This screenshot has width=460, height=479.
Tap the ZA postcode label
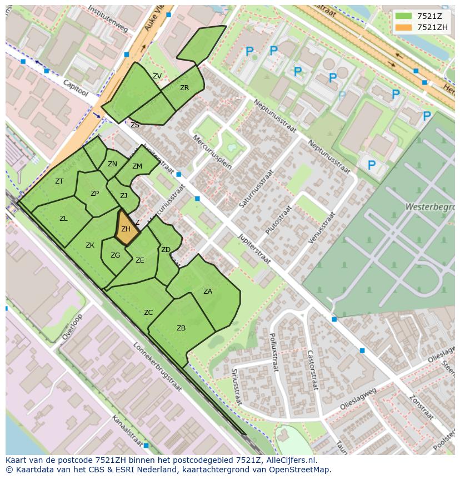click(x=208, y=291)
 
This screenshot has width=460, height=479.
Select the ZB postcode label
click(x=181, y=328)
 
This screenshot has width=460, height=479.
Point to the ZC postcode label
click(x=148, y=313)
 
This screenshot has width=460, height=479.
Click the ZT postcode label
click(x=59, y=181)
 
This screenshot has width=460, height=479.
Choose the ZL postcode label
click(x=63, y=219)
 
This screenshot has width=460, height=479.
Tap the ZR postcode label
click(x=184, y=88)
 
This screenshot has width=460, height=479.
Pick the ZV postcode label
click(x=157, y=76)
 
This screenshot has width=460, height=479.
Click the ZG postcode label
click(x=115, y=255)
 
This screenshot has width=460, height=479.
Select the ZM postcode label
click(x=137, y=166)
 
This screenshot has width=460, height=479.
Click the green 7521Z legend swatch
click(x=403, y=16)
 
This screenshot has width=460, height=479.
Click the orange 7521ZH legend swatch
click(x=403, y=27)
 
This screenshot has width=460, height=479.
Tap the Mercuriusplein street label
click(x=212, y=152)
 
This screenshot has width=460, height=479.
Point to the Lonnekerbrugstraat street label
click(x=157, y=367)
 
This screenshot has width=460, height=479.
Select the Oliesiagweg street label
click(x=359, y=399)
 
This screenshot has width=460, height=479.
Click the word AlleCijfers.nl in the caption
click(x=289, y=460)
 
